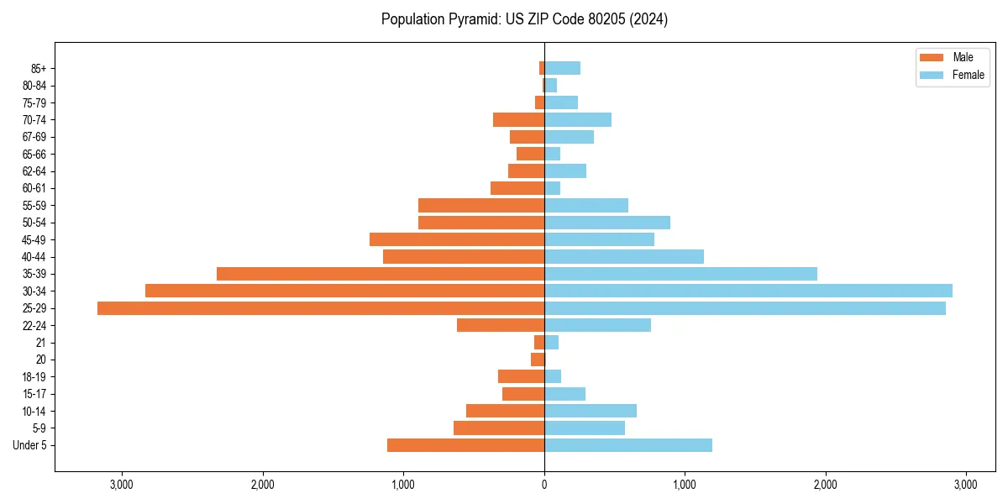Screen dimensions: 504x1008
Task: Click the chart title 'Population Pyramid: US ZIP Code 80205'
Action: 524,19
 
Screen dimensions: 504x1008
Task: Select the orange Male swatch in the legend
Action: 932,57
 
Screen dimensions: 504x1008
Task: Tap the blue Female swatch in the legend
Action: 932,75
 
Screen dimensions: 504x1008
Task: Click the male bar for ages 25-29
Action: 321,308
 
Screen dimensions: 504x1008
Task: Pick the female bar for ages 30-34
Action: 748,291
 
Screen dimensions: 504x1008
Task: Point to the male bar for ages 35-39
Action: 381,274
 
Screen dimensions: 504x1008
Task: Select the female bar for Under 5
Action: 628,445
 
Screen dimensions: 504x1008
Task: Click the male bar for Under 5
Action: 465,445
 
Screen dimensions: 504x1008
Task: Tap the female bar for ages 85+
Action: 562,68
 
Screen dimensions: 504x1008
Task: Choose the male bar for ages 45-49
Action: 457,239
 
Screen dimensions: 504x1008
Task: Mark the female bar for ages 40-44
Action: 624,256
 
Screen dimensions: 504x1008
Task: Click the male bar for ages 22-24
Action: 501,325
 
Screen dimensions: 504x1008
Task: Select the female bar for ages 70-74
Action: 578,119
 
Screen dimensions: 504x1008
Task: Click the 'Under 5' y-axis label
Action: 29,445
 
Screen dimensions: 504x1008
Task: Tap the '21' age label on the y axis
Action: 40,343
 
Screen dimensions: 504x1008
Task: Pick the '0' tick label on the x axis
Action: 544,485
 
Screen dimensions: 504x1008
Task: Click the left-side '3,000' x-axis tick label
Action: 122,485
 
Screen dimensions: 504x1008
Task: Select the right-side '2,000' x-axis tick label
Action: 826,485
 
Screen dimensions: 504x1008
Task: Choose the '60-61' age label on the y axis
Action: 34,188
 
